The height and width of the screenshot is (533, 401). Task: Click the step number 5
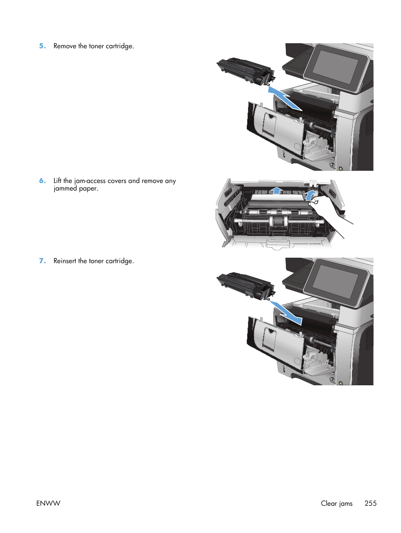[x=42, y=46]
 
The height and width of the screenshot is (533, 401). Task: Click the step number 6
[x=42, y=181]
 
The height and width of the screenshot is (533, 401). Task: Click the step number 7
[x=42, y=261]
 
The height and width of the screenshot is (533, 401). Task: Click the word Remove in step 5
[x=65, y=46]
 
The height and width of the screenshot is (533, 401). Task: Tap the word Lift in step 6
[x=57, y=181]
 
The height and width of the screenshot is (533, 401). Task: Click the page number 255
[x=370, y=503]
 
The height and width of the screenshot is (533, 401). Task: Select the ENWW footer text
[x=48, y=503]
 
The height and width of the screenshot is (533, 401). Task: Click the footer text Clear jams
[x=336, y=503]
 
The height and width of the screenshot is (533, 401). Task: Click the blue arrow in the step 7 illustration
[x=286, y=313]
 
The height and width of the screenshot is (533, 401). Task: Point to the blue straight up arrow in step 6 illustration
[x=276, y=191]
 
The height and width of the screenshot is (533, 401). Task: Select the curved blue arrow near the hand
[x=310, y=195]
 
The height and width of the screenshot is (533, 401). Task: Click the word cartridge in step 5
[x=119, y=46]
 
